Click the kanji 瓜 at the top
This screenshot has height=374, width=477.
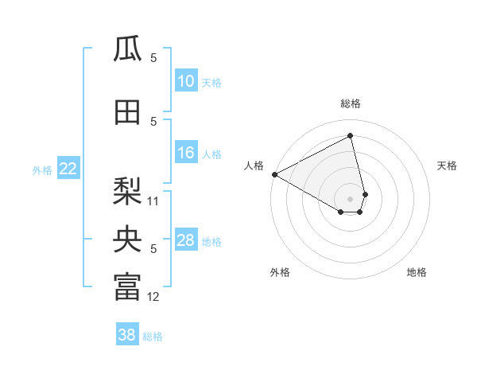click(127, 49)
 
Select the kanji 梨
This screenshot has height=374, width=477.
click(127, 191)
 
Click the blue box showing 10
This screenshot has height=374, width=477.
click(185, 81)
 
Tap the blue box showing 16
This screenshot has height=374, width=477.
click(185, 153)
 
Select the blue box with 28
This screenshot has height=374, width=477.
click(185, 240)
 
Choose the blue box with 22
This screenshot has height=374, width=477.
click(68, 168)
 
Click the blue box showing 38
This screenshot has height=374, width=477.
click(127, 335)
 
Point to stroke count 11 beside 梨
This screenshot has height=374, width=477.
click(153, 201)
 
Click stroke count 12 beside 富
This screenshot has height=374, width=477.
click(153, 297)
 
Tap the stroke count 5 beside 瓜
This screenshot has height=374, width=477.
click(153, 58)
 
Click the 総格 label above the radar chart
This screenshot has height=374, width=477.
click(351, 103)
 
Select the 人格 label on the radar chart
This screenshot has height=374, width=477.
click(254, 166)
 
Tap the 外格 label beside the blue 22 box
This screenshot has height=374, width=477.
click(41, 169)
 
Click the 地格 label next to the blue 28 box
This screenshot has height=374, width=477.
click(212, 242)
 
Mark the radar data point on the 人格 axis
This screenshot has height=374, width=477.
click(274, 174)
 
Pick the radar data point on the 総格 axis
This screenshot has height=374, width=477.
click(351, 135)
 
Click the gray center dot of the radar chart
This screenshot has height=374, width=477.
click(351, 198)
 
